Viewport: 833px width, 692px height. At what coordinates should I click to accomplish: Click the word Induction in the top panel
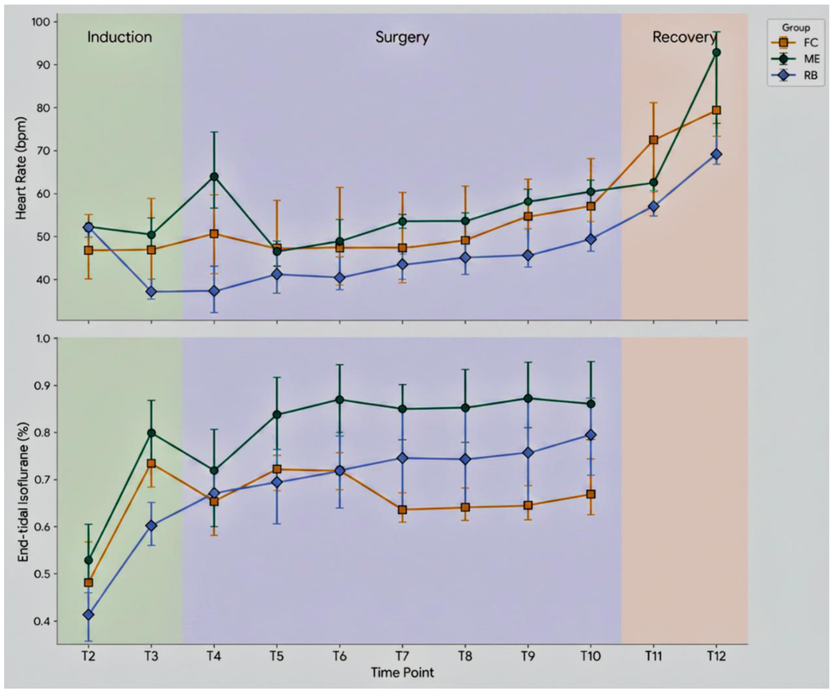(x=119, y=37)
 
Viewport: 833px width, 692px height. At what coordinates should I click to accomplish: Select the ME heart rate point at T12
(x=716, y=52)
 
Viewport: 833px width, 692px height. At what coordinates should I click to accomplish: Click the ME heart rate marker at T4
(x=214, y=176)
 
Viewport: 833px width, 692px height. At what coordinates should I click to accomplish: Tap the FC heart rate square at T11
(x=653, y=140)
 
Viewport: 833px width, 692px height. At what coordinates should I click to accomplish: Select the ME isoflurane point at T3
(x=151, y=433)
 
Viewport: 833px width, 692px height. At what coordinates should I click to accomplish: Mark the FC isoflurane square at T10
(x=591, y=494)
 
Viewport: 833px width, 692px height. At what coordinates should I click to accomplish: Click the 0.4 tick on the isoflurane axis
(x=42, y=621)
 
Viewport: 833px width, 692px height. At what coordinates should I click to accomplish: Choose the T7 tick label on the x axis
(x=402, y=656)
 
